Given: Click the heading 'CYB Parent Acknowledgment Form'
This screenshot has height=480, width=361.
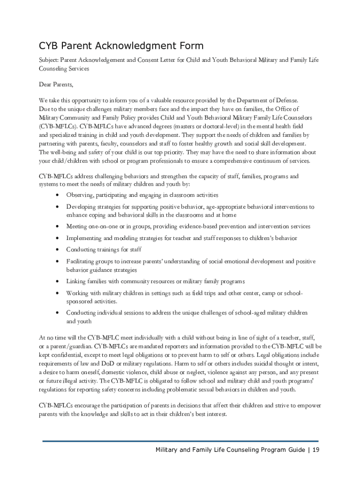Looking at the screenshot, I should pos(121,46).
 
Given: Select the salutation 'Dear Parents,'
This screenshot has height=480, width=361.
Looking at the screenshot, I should pos(56,85).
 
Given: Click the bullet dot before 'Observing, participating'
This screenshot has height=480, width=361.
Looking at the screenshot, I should pos(57,195).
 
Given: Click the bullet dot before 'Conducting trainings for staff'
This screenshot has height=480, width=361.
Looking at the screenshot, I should pos(57,250).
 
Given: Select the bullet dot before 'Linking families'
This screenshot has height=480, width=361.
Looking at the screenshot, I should pos(57,282).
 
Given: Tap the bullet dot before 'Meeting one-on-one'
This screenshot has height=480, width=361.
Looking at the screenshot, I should pos(57,227).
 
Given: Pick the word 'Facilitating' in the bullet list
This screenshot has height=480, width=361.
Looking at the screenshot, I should pos(81,261).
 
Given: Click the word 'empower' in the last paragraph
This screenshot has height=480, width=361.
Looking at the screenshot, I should pos(309,405).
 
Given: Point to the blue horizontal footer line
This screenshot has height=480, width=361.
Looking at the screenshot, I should pos(180,441).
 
